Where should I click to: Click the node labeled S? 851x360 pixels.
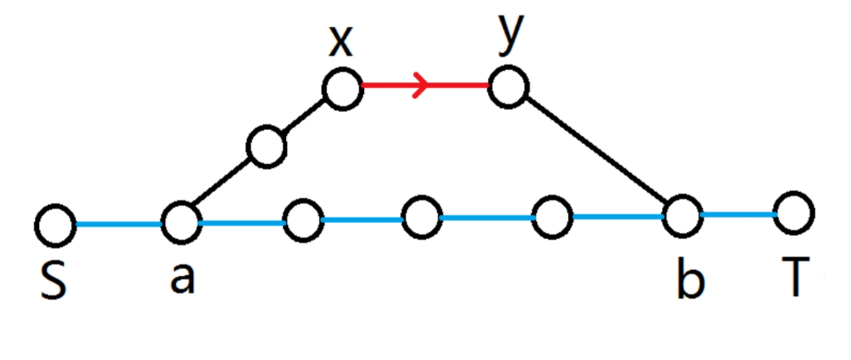click(x=55, y=225)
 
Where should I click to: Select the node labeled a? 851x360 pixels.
click(x=180, y=222)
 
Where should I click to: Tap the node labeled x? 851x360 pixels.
click(x=343, y=89)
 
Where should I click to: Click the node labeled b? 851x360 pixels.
click(x=682, y=216)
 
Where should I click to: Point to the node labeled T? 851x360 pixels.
click(x=794, y=213)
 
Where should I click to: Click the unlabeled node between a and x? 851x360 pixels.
click(x=266, y=147)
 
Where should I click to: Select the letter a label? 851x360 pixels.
click(x=182, y=278)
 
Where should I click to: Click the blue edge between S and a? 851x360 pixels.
click(x=118, y=224)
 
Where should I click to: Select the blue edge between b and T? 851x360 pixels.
click(x=738, y=214)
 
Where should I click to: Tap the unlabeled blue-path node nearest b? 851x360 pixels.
click(x=552, y=217)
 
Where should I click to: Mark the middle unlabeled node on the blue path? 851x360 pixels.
click(x=421, y=219)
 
